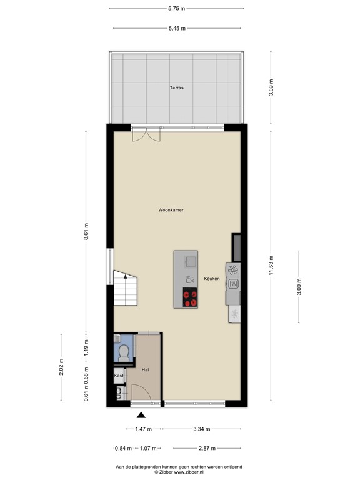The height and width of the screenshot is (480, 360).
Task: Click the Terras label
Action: tap(176, 88)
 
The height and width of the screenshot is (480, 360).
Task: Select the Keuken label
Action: tap(211, 279)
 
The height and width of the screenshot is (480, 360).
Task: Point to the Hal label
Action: tap(144, 370)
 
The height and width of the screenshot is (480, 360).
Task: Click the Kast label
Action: tap(118, 376)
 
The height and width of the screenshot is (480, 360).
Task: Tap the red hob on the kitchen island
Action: tap(189, 298)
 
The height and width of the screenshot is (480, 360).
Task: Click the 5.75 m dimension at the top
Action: tap(176, 8)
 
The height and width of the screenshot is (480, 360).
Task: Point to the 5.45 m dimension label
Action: tap(176, 28)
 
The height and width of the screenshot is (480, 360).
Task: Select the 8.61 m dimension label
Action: tap(87, 232)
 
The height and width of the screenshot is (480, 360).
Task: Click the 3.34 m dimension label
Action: tap(201, 429)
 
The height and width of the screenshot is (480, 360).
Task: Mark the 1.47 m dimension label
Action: tap(144, 429)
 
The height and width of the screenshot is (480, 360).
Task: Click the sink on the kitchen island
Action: tap(189, 261)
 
